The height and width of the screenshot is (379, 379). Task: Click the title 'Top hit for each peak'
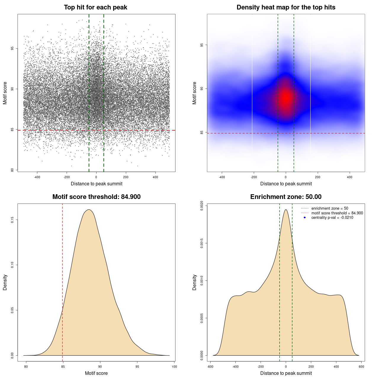click(95, 7)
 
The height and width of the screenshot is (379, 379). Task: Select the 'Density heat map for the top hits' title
click(286, 7)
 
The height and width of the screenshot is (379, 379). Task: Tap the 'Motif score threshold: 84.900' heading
click(96, 197)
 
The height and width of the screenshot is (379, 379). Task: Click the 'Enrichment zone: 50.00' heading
click(286, 197)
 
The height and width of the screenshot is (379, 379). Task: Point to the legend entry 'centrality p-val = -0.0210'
click(332, 218)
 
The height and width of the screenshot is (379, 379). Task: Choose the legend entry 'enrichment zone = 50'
click(330, 208)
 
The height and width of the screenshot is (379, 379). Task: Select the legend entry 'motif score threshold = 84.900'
click(337, 213)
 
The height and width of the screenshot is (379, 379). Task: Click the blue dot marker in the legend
click(305, 218)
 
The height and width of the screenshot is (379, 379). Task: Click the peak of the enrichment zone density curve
click(286, 210)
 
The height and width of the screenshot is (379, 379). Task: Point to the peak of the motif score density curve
click(89, 210)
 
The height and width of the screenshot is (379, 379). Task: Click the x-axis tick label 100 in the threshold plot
click(174, 367)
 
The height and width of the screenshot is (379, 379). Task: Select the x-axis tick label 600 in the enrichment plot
click(361, 367)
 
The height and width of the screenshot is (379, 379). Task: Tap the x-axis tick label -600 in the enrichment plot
click(210, 367)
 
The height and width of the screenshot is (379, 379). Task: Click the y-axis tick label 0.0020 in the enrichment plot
click(202, 205)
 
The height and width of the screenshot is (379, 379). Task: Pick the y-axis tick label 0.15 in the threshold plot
click(12, 220)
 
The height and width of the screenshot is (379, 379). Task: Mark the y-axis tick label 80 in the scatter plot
click(12, 170)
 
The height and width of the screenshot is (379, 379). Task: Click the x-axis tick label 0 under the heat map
click(286, 177)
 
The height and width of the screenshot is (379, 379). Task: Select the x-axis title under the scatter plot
click(97, 184)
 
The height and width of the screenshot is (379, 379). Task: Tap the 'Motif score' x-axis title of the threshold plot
click(96, 373)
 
